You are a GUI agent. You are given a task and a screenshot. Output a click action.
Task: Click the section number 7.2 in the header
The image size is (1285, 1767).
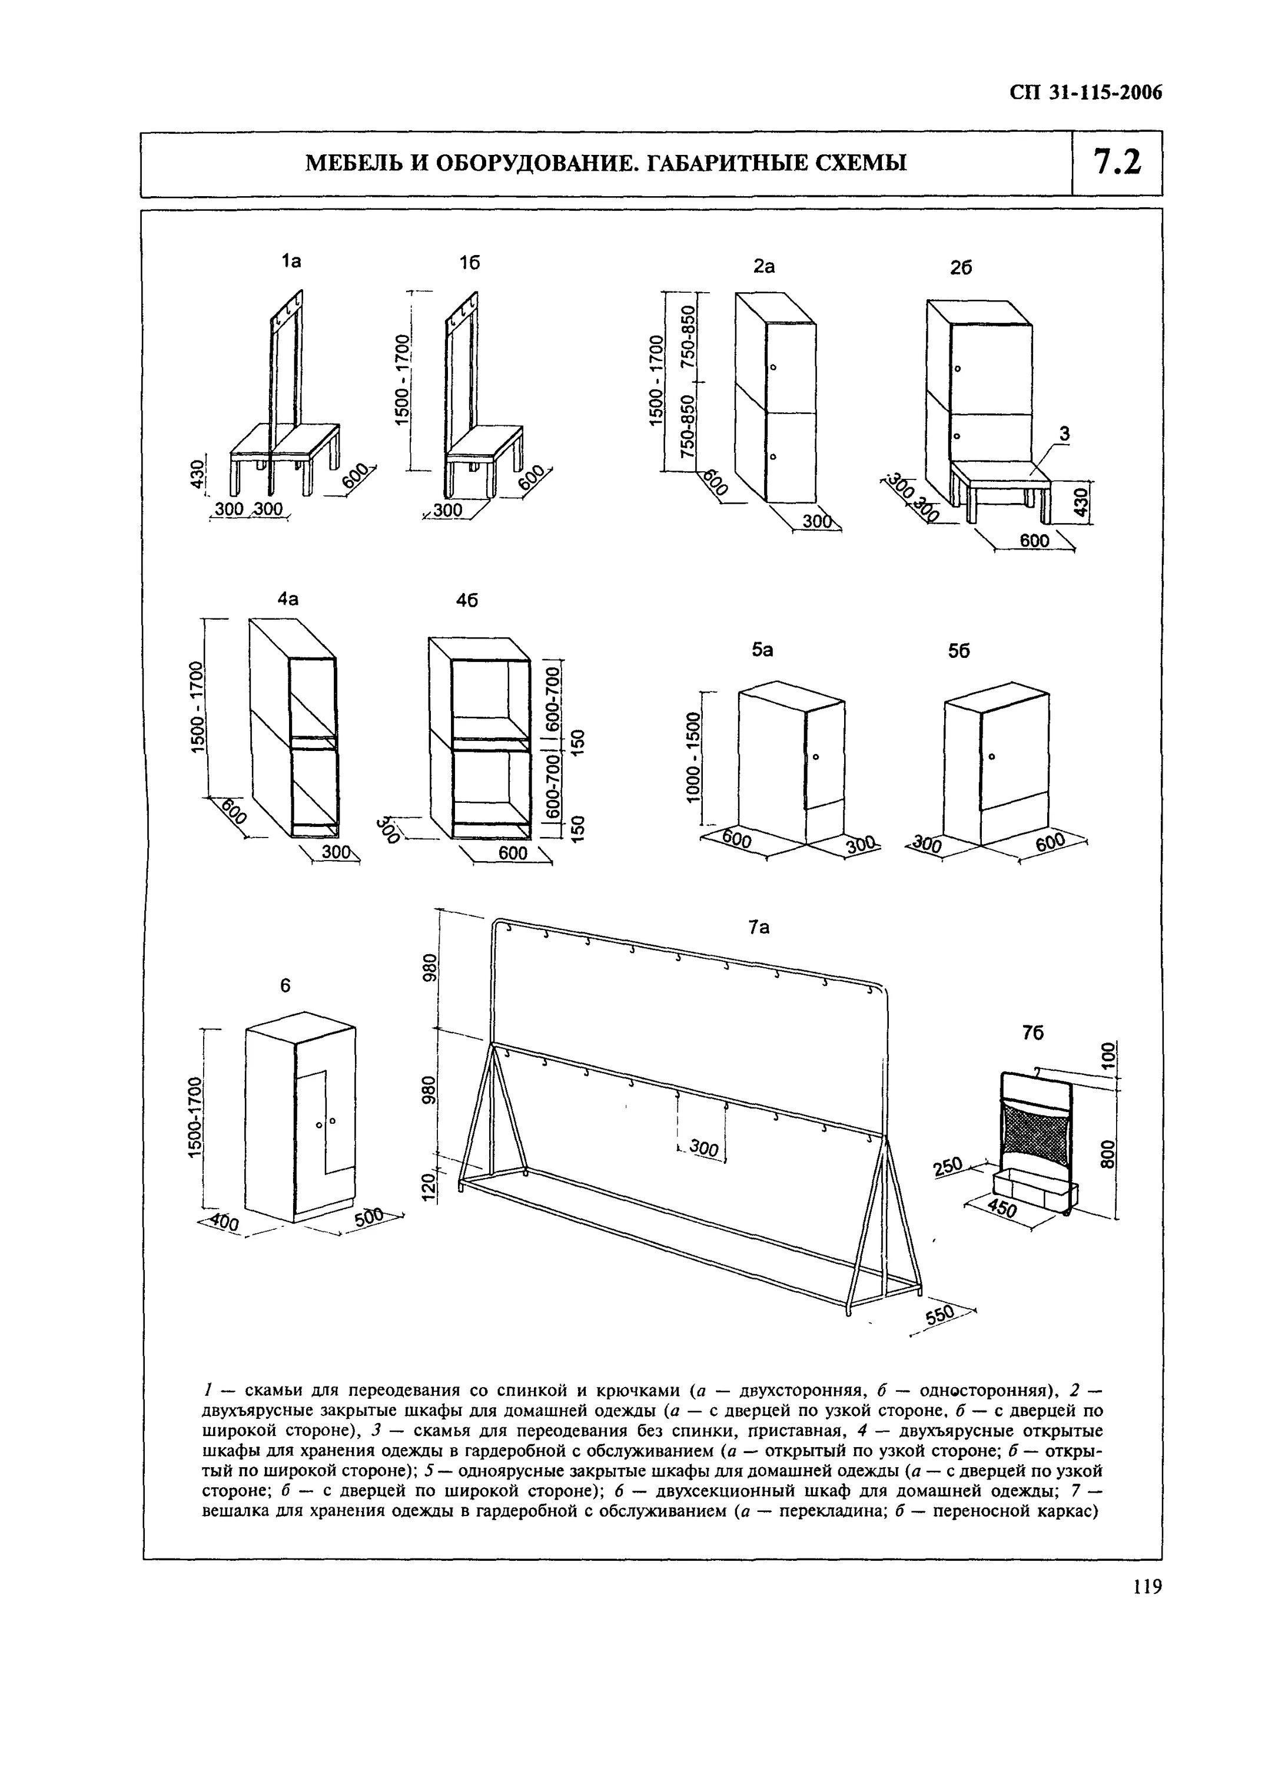point(1117,163)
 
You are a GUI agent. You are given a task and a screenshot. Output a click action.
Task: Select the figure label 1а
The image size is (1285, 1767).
point(291,261)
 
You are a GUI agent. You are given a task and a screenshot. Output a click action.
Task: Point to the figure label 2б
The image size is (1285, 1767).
point(962,267)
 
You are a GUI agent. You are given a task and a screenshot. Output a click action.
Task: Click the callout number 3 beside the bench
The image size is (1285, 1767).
point(1064,435)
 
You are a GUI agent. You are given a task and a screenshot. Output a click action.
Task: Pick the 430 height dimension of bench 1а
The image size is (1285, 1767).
point(198,474)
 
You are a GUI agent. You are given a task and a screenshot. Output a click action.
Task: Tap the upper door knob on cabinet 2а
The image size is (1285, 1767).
point(773,367)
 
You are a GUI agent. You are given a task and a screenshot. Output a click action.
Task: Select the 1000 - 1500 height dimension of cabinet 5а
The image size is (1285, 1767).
point(693,756)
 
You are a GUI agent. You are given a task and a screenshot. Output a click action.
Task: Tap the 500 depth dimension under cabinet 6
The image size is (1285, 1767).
point(369,1216)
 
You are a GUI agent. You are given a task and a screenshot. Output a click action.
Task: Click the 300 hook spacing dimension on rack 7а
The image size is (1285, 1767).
point(704,1149)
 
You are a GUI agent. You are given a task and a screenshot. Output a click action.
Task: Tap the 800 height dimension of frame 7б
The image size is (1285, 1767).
point(1107,1154)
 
